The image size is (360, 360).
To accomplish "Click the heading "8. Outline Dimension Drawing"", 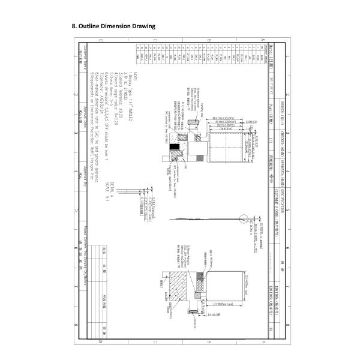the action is (113, 27).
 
